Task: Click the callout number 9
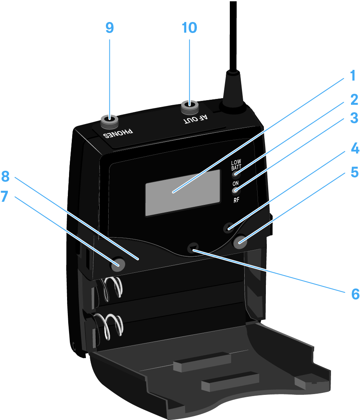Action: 109,28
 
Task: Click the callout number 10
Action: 189,28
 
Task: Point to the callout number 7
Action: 5,197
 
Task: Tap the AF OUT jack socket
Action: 190,106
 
